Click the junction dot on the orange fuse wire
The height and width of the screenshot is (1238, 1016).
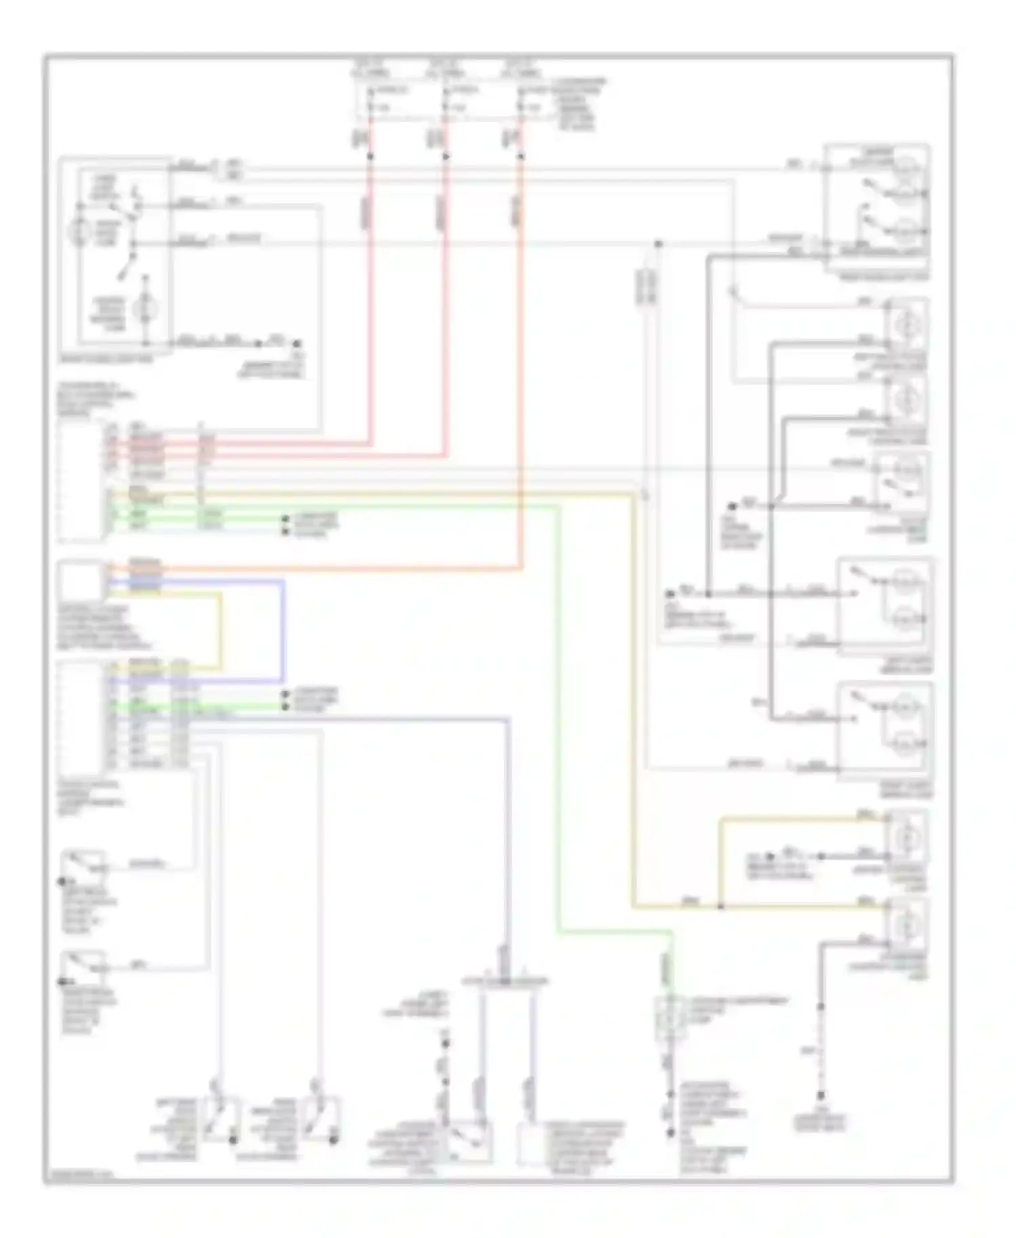[x=521, y=156]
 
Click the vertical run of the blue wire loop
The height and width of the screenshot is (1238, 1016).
[x=282, y=630]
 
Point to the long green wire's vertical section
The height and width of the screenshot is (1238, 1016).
[x=558, y=718]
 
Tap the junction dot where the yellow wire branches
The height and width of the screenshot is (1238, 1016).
[x=720, y=906]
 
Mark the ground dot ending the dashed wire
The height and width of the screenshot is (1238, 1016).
[x=821, y=1096]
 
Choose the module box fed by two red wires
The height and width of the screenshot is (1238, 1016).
[x=81, y=482]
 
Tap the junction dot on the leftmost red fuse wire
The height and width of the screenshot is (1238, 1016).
[x=371, y=156]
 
